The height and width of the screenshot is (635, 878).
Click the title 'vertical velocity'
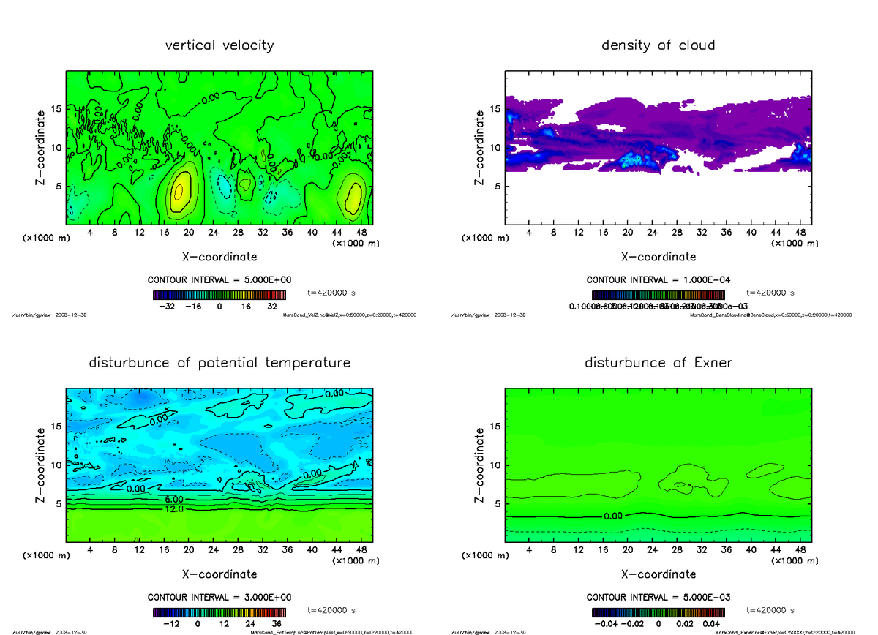click(x=219, y=45)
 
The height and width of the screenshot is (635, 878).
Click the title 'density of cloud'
click(x=658, y=45)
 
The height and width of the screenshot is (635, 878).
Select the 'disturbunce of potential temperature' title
click(x=219, y=363)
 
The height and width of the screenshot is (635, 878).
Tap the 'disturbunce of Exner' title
click(x=658, y=363)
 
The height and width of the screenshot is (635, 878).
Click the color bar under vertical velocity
click(x=219, y=296)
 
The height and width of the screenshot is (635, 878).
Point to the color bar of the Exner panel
click(x=658, y=613)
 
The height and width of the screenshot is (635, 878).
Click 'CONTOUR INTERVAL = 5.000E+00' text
click(x=219, y=280)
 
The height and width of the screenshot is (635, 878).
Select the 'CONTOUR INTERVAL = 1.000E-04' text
click(x=658, y=280)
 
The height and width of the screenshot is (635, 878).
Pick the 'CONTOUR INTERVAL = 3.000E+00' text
click(x=219, y=597)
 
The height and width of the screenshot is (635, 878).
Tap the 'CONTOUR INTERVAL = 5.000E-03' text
click(x=658, y=597)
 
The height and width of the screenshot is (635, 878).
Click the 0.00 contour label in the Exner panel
click(x=614, y=516)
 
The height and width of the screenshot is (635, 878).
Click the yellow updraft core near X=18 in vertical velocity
click(x=178, y=192)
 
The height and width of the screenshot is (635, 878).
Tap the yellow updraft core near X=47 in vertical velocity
click(x=353, y=195)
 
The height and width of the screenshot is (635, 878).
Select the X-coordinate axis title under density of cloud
click(x=658, y=257)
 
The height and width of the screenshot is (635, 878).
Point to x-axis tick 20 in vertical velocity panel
click(x=189, y=233)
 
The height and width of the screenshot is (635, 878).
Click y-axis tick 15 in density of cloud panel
click(x=495, y=110)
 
